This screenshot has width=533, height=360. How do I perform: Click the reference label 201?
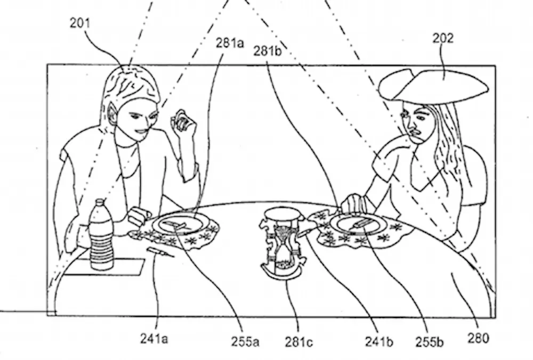(x=79, y=23)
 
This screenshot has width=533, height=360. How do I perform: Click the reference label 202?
(x=443, y=38)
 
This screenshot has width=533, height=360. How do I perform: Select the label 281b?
(x=268, y=52)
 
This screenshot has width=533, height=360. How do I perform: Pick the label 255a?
(x=246, y=341)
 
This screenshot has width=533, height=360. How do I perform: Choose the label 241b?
(x=379, y=341)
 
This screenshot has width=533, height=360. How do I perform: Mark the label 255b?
(x=430, y=341)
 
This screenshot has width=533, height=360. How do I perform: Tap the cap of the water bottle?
(x=100, y=204)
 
